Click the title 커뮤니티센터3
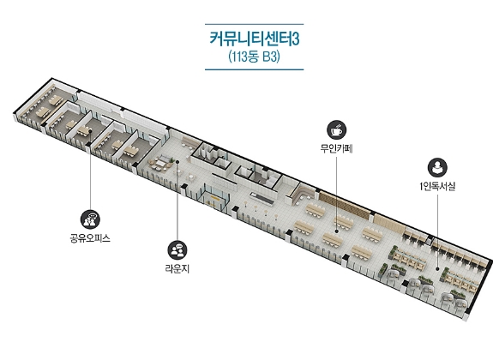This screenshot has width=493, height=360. [255, 39]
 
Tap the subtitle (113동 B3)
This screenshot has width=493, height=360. [255, 57]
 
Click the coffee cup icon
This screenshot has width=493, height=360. [336, 129]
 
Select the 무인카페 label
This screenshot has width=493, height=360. [336, 148]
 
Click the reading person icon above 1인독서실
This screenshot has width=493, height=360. [437, 168]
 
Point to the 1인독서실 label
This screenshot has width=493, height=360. [437, 187]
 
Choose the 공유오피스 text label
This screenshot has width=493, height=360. [90, 238]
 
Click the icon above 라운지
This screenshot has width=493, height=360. [177, 250]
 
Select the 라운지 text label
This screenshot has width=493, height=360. [177, 269]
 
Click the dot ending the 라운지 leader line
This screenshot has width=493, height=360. [177, 162]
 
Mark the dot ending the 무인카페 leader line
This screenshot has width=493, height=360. [336, 231]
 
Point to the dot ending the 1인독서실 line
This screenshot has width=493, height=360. [437, 269]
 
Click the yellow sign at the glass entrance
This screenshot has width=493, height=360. [216, 197]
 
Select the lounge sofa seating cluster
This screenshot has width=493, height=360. [160, 163]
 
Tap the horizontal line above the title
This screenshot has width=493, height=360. [255, 24]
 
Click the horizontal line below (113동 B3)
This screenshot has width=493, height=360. [255, 69]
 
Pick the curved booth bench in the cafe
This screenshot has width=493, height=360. [300, 192]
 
